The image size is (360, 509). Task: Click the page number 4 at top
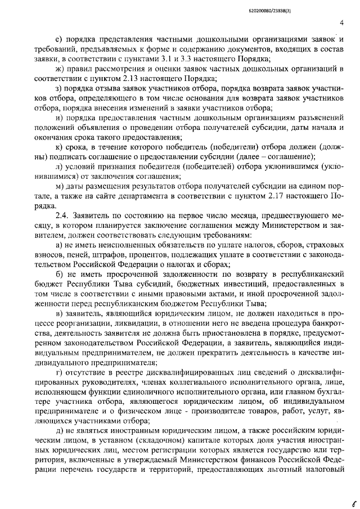(x=342, y=23)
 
